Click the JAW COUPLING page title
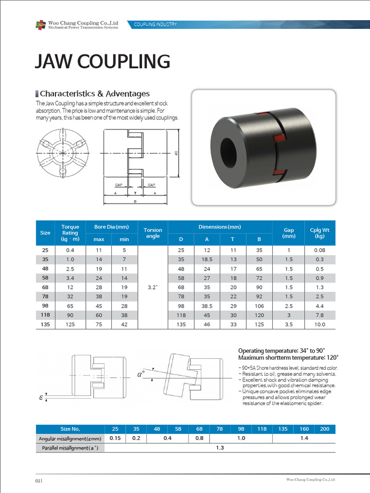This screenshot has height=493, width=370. click(x=103, y=62)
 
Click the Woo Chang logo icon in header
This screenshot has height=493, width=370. click(x=40, y=25)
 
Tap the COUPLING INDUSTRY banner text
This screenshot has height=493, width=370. click(x=155, y=24)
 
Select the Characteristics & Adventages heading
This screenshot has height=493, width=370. click(x=94, y=94)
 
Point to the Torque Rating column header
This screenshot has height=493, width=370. click(x=70, y=233)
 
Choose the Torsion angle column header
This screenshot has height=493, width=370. click(x=153, y=233)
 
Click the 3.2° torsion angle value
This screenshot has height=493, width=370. click(x=153, y=287)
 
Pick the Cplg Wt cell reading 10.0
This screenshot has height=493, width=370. click(x=319, y=324)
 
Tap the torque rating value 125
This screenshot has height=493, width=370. click(x=70, y=324)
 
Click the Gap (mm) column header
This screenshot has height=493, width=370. click(x=289, y=233)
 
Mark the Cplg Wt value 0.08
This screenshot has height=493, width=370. click(x=319, y=250)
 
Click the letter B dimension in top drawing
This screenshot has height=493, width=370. click(x=135, y=202)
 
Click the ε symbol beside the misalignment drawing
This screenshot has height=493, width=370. click(x=41, y=398)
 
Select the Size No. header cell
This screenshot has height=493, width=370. click(x=70, y=429)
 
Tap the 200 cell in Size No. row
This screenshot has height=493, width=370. click(x=325, y=429)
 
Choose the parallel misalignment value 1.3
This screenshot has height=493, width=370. click(x=220, y=448)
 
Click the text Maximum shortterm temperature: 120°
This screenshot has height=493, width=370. click(x=288, y=358)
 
